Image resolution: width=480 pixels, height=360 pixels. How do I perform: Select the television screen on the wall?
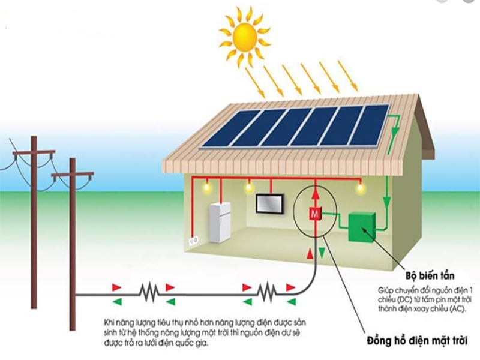click(x=270, y=203)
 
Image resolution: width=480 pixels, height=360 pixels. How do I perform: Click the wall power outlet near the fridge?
click(x=194, y=241)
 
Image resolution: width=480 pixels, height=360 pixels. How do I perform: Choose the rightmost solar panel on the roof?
click(x=371, y=125)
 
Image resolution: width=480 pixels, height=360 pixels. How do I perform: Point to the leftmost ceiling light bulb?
click(x=208, y=188)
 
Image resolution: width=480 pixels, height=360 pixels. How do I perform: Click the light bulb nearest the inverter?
click(x=360, y=188)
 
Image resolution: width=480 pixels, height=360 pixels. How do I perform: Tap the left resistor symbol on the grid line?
click(x=148, y=292)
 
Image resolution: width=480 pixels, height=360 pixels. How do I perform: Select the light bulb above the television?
click(x=248, y=188)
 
